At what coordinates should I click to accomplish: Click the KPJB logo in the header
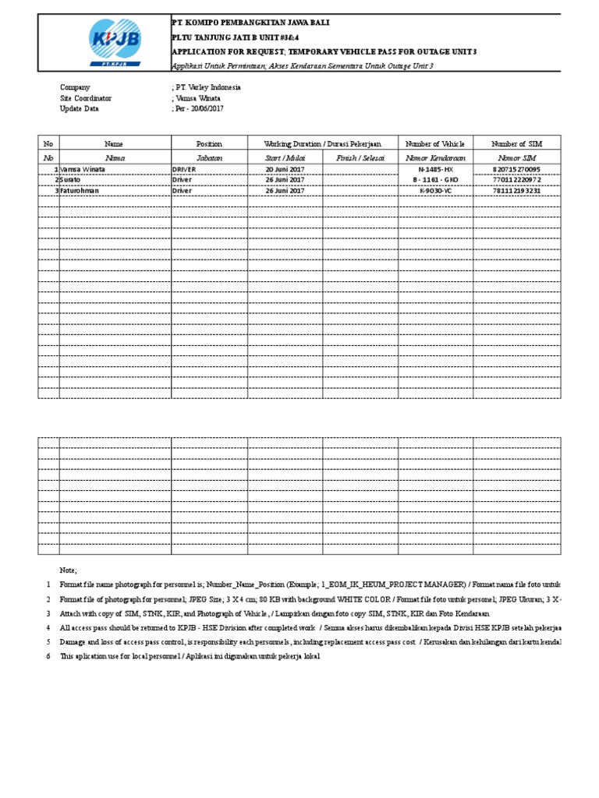coord(104,45)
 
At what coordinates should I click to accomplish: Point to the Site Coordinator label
coord(86,99)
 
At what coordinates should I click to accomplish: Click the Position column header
coord(209,144)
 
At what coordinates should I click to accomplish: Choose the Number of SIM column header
coord(516,144)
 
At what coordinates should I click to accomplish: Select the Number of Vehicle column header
coord(434,144)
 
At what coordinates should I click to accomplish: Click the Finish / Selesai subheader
coord(360,157)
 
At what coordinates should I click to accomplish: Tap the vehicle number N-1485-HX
coord(435,169)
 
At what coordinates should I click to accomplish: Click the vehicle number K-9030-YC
coord(435,190)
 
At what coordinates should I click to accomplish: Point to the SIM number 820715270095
coord(516,169)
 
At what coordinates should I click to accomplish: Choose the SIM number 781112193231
coord(516,190)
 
